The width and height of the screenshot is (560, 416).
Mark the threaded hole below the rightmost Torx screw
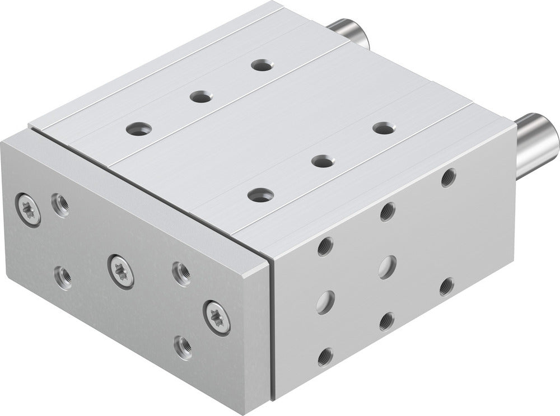183,348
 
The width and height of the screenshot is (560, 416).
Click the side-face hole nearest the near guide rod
447,179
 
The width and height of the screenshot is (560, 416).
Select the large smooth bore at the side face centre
386,266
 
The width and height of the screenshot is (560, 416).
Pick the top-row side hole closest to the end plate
325,246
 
